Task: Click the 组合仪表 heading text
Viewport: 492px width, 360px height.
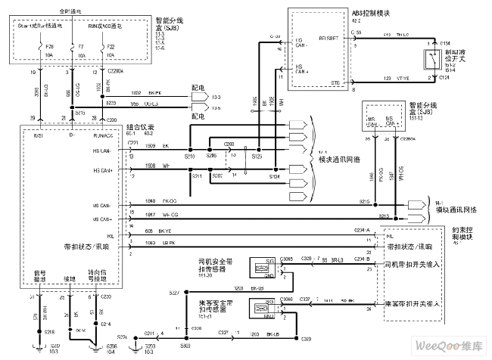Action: coord(139,128)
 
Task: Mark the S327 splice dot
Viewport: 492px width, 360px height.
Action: coord(185,292)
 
